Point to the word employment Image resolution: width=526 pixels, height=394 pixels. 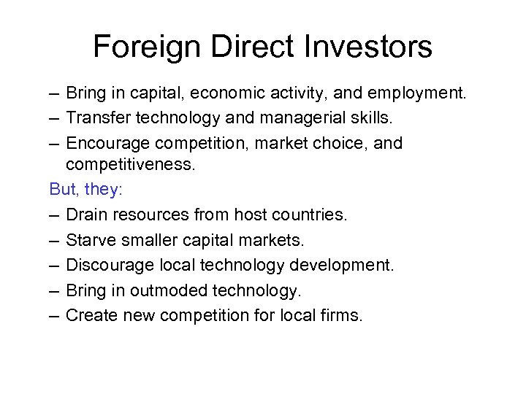coord(419,93)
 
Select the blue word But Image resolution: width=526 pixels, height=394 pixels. coord(64,189)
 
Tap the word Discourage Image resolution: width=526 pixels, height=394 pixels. coord(108,265)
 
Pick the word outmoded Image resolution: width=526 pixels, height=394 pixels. coord(169,290)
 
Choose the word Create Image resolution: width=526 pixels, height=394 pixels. coord(90,315)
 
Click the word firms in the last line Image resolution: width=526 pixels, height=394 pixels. coord(343,315)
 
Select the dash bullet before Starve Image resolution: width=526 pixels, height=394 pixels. coord(54,239)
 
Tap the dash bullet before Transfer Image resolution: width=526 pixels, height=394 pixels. coord(54,118)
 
